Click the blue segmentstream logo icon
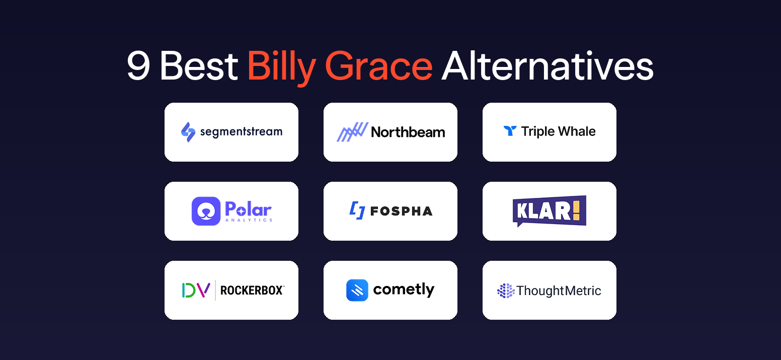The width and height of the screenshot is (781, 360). pyautogui.click(x=188, y=132)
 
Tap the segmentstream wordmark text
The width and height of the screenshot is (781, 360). pyautogui.click(x=241, y=132)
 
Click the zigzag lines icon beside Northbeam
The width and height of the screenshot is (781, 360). pyautogui.click(x=352, y=132)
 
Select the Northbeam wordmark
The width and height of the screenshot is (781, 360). pyautogui.click(x=408, y=132)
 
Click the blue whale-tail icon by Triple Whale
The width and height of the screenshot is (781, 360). pyautogui.click(x=510, y=131)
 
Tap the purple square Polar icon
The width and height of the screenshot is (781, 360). pyautogui.click(x=206, y=211)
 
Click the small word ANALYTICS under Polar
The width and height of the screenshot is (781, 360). pyautogui.click(x=249, y=220)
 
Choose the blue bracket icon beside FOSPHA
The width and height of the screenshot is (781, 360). pyautogui.click(x=357, y=211)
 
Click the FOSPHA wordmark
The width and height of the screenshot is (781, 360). pyautogui.click(x=401, y=211)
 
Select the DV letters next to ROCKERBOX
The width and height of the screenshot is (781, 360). pyautogui.click(x=196, y=290)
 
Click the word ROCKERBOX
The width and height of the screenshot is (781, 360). pyautogui.click(x=252, y=291)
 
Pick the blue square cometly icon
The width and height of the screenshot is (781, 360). pyautogui.click(x=357, y=290)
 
